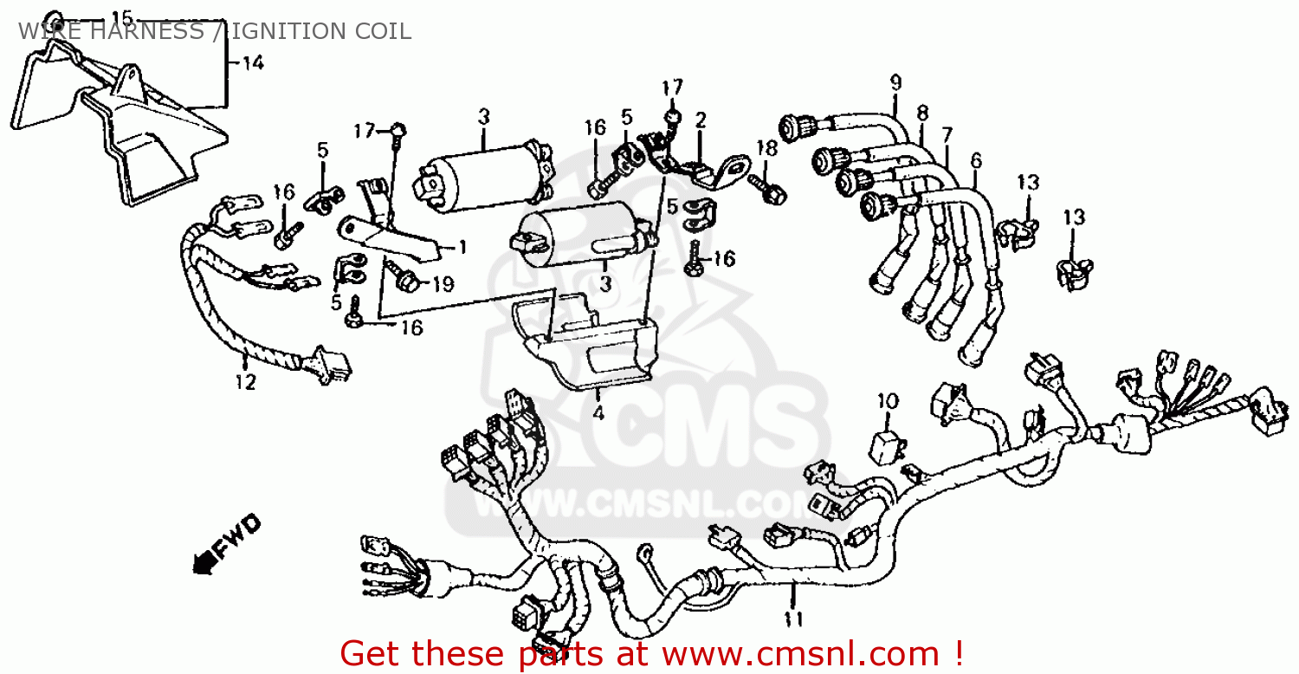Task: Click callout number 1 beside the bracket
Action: click(462, 248)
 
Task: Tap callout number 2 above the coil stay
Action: click(701, 120)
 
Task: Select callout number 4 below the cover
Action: click(598, 413)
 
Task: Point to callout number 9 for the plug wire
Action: click(896, 82)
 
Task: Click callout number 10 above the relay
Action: click(888, 401)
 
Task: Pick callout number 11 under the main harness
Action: click(793, 619)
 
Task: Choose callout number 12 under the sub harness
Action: click(245, 382)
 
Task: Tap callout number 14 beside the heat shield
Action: click(253, 62)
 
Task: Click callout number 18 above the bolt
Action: click(766, 148)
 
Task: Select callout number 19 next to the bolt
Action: click(443, 284)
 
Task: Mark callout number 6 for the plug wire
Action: click(977, 160)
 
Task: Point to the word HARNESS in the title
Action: click(146, 31)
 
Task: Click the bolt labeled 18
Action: click(766, 189)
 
